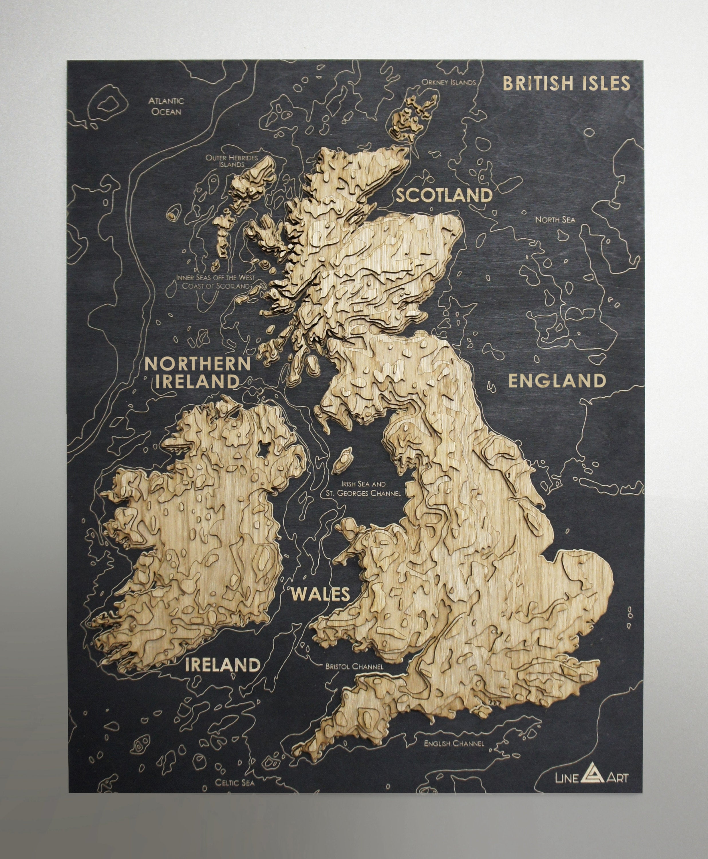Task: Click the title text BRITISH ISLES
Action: coord(566,83)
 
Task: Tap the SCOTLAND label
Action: coord(444,195)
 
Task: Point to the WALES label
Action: coord(320,594)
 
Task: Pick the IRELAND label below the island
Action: coord(223,665)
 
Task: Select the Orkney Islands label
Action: coord(449,82)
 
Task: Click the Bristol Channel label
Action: coord(354,667)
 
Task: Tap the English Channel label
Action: coord(454,743)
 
